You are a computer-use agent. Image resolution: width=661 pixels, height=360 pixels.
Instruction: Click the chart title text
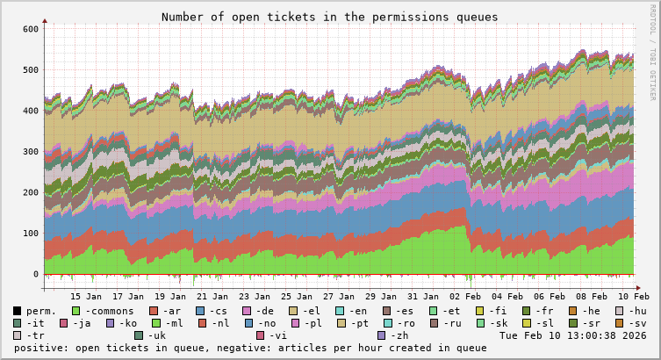(x=329, y=17)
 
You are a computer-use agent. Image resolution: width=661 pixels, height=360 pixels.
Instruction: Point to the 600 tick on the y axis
(x=29, y=29)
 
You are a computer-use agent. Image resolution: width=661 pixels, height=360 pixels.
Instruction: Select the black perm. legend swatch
(x=18, y=311)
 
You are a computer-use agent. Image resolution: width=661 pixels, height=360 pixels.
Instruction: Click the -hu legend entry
(x=636, y=311)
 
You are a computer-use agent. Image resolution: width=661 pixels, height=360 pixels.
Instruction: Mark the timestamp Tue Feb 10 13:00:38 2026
(x=572, y=335)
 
